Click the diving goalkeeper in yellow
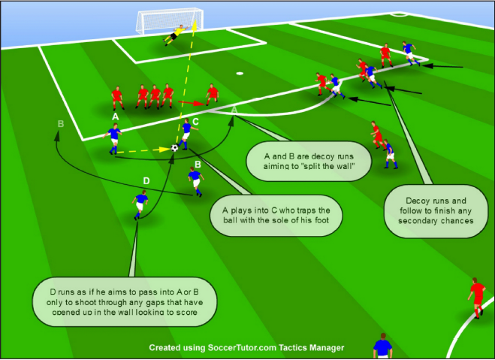pyautogui.click(x=177, y=34)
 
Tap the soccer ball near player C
pyautogui.click(x=175, y=148)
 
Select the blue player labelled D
pyautogui.click(x=140, y=204)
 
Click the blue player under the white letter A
pyautogui.click(x=114, y=138)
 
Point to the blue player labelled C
pyautogui.click(x=186, y=133)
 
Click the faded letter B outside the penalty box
pyautogui.click(x=60, y=123)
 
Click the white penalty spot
pyautogui.click(x=240, y=74)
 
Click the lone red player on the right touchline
pyautogui.click(x=476, y=297)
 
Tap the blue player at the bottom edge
pyautogui.click(x=383, y=348)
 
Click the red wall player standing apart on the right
pyautogui.click(x=213, y=95)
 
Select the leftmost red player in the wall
pyautogui.click(x=116, y=97)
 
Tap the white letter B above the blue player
pyautogui.click(x=197, y=163)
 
